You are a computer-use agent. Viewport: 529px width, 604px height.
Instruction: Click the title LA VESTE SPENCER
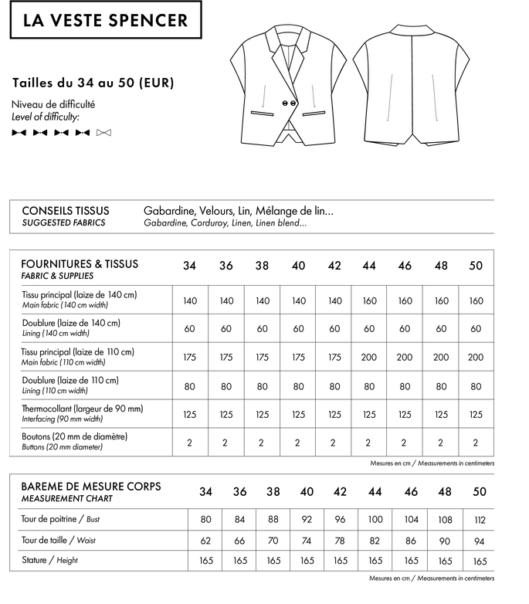pos(105,21)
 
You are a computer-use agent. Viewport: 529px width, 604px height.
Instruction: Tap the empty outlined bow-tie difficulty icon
pos(104,133)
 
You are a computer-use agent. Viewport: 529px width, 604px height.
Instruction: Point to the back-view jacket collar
pos(411,30)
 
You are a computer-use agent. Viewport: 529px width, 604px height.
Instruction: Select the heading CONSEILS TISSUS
pos(66,210)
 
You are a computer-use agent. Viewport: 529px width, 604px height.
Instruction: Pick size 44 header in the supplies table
pos(369,266)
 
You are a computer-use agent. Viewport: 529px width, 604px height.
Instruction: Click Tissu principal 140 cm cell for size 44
pos(369,300)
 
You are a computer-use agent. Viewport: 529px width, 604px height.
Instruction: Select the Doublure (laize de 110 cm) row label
pos(70,380)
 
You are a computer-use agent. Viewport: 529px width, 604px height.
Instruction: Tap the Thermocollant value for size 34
pos(190,414)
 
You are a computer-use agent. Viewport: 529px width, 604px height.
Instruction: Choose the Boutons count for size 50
pos(476,443)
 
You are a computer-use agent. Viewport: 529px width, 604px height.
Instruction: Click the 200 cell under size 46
pos(405,357)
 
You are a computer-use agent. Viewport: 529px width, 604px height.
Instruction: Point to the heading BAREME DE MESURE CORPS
pos(91,486)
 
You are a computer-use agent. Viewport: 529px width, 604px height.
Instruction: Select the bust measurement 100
pos(375,519)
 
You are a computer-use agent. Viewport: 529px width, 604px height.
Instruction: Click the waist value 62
pos(205,541)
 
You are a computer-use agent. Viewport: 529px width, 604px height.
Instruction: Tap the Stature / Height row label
pos(49,560)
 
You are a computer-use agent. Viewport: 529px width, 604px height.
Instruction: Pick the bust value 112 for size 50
pos(479,519)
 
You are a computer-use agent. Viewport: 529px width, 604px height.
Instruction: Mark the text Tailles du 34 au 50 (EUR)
pos(93,82)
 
